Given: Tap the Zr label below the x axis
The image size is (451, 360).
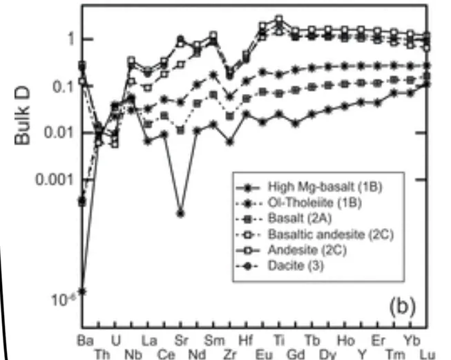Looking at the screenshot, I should pyautogui.click(x=229, y=353).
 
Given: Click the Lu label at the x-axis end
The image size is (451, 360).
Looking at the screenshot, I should pyautogui.click(x=427, y=353).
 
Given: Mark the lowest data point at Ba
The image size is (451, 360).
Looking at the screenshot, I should pyautogui.click(x=82, y=292).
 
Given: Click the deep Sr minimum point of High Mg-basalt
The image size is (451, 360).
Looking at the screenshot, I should pyautogui.click(x=180, y=213).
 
